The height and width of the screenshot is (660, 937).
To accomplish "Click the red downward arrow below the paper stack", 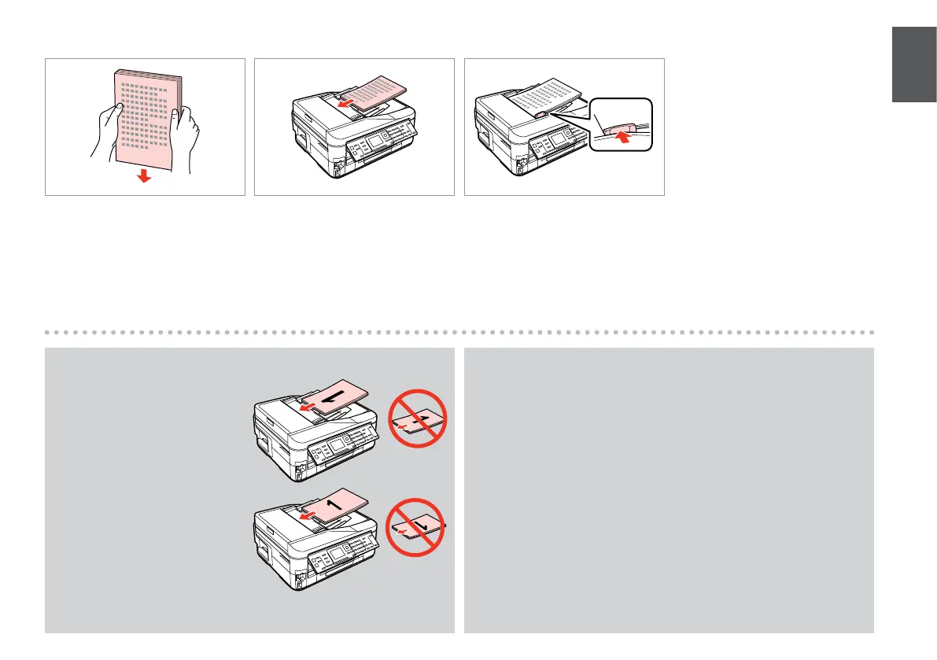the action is click(x=144, y=177).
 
